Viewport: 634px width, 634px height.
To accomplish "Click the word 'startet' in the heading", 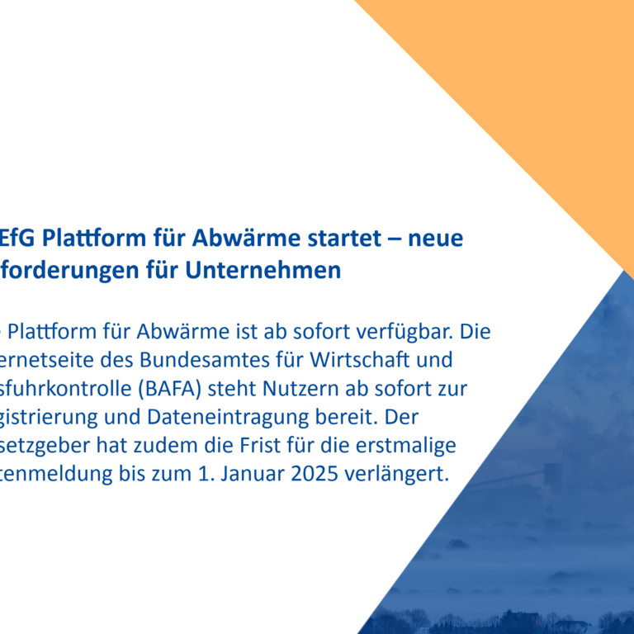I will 346,239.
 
